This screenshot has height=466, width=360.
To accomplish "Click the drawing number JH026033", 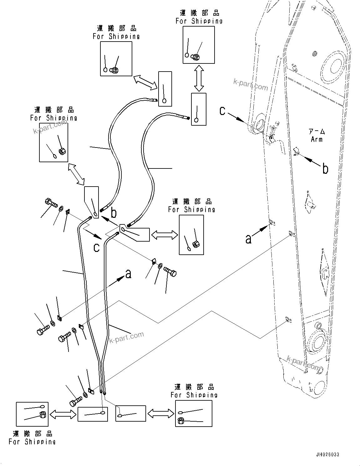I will click(x=327, y=454).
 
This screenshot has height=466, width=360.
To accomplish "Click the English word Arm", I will click(x=317, y=139).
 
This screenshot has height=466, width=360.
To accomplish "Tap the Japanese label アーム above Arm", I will click(x=317, y=132).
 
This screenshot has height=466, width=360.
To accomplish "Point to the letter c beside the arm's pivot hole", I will click(x=222, y=111).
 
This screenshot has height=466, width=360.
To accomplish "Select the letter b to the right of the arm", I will click(x=325, y=169).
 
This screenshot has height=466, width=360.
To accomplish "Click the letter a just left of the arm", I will click(x=248, y=239).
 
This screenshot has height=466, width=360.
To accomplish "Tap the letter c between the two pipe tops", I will click(x=97, y=247).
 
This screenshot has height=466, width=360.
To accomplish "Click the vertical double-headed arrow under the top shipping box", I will click(x=199, y=78).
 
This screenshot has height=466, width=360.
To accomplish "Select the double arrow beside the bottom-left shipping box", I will click(x=63, y=414).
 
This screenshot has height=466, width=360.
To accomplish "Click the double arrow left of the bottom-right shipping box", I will click(x=160, y=414).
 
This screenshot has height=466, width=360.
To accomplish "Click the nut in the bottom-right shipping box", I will click(x=180, y=421).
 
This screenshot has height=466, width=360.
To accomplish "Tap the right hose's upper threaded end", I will click(x=187, y=118).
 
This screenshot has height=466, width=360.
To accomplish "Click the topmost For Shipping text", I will click(x=199, y=21).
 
